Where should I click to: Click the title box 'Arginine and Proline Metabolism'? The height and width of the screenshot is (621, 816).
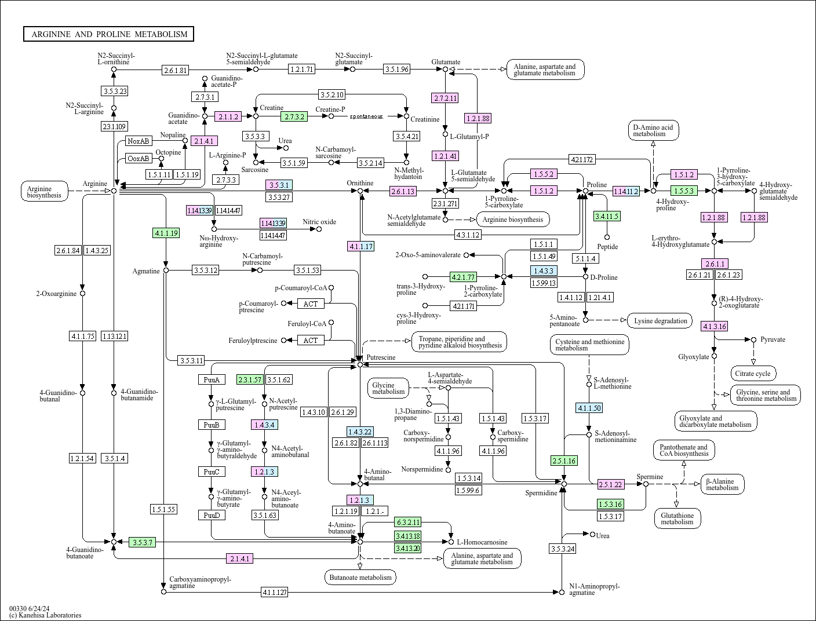[109, 34]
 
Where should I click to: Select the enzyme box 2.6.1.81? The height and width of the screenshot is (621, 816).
[176, 70]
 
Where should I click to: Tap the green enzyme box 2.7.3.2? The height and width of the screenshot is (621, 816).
[294, 116]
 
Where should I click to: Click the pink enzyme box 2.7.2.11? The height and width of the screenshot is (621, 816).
[445, 98]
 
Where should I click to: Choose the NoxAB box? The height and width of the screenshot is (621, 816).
[139, 141]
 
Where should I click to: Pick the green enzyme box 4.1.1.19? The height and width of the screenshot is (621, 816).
[166, 233]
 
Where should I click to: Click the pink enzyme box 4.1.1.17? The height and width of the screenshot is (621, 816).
[360, 246]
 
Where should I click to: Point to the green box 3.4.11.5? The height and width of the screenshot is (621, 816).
[607, 216]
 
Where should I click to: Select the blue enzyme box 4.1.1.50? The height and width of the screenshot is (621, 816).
[589, 408]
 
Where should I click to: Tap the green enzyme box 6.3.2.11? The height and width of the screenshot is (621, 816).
[408, 522]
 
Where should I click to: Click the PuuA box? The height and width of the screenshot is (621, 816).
[211, 380]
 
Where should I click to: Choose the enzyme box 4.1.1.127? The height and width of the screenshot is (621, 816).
[274, 592]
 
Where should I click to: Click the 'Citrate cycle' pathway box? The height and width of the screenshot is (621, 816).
[753, 374]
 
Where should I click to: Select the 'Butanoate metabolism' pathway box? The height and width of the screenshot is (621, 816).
[360, 577]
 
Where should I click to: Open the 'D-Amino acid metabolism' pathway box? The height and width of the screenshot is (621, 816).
[653, 130]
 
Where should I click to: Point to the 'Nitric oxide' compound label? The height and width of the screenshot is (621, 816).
[319, 222]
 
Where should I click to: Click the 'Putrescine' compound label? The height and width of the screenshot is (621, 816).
[381, 357]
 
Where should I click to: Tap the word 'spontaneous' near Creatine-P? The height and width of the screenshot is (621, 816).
[366, 116]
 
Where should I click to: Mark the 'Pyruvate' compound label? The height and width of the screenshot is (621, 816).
[773, 339]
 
